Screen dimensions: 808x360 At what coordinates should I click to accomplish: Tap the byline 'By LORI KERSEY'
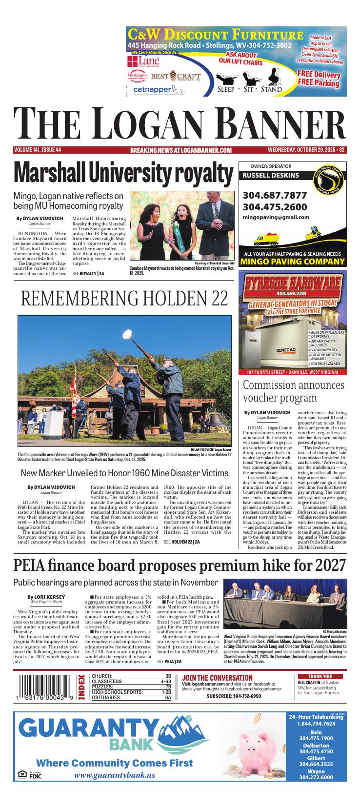click(x=46, y=597)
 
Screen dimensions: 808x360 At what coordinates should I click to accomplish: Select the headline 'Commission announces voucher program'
click(x=294, y=391)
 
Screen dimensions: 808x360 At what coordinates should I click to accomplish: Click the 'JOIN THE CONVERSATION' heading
click(x=217, y=678)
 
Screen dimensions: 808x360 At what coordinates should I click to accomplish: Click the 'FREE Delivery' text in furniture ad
click(x=319, y=75)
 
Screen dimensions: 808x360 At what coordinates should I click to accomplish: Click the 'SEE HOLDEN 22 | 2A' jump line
click(x=182, y=542)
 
